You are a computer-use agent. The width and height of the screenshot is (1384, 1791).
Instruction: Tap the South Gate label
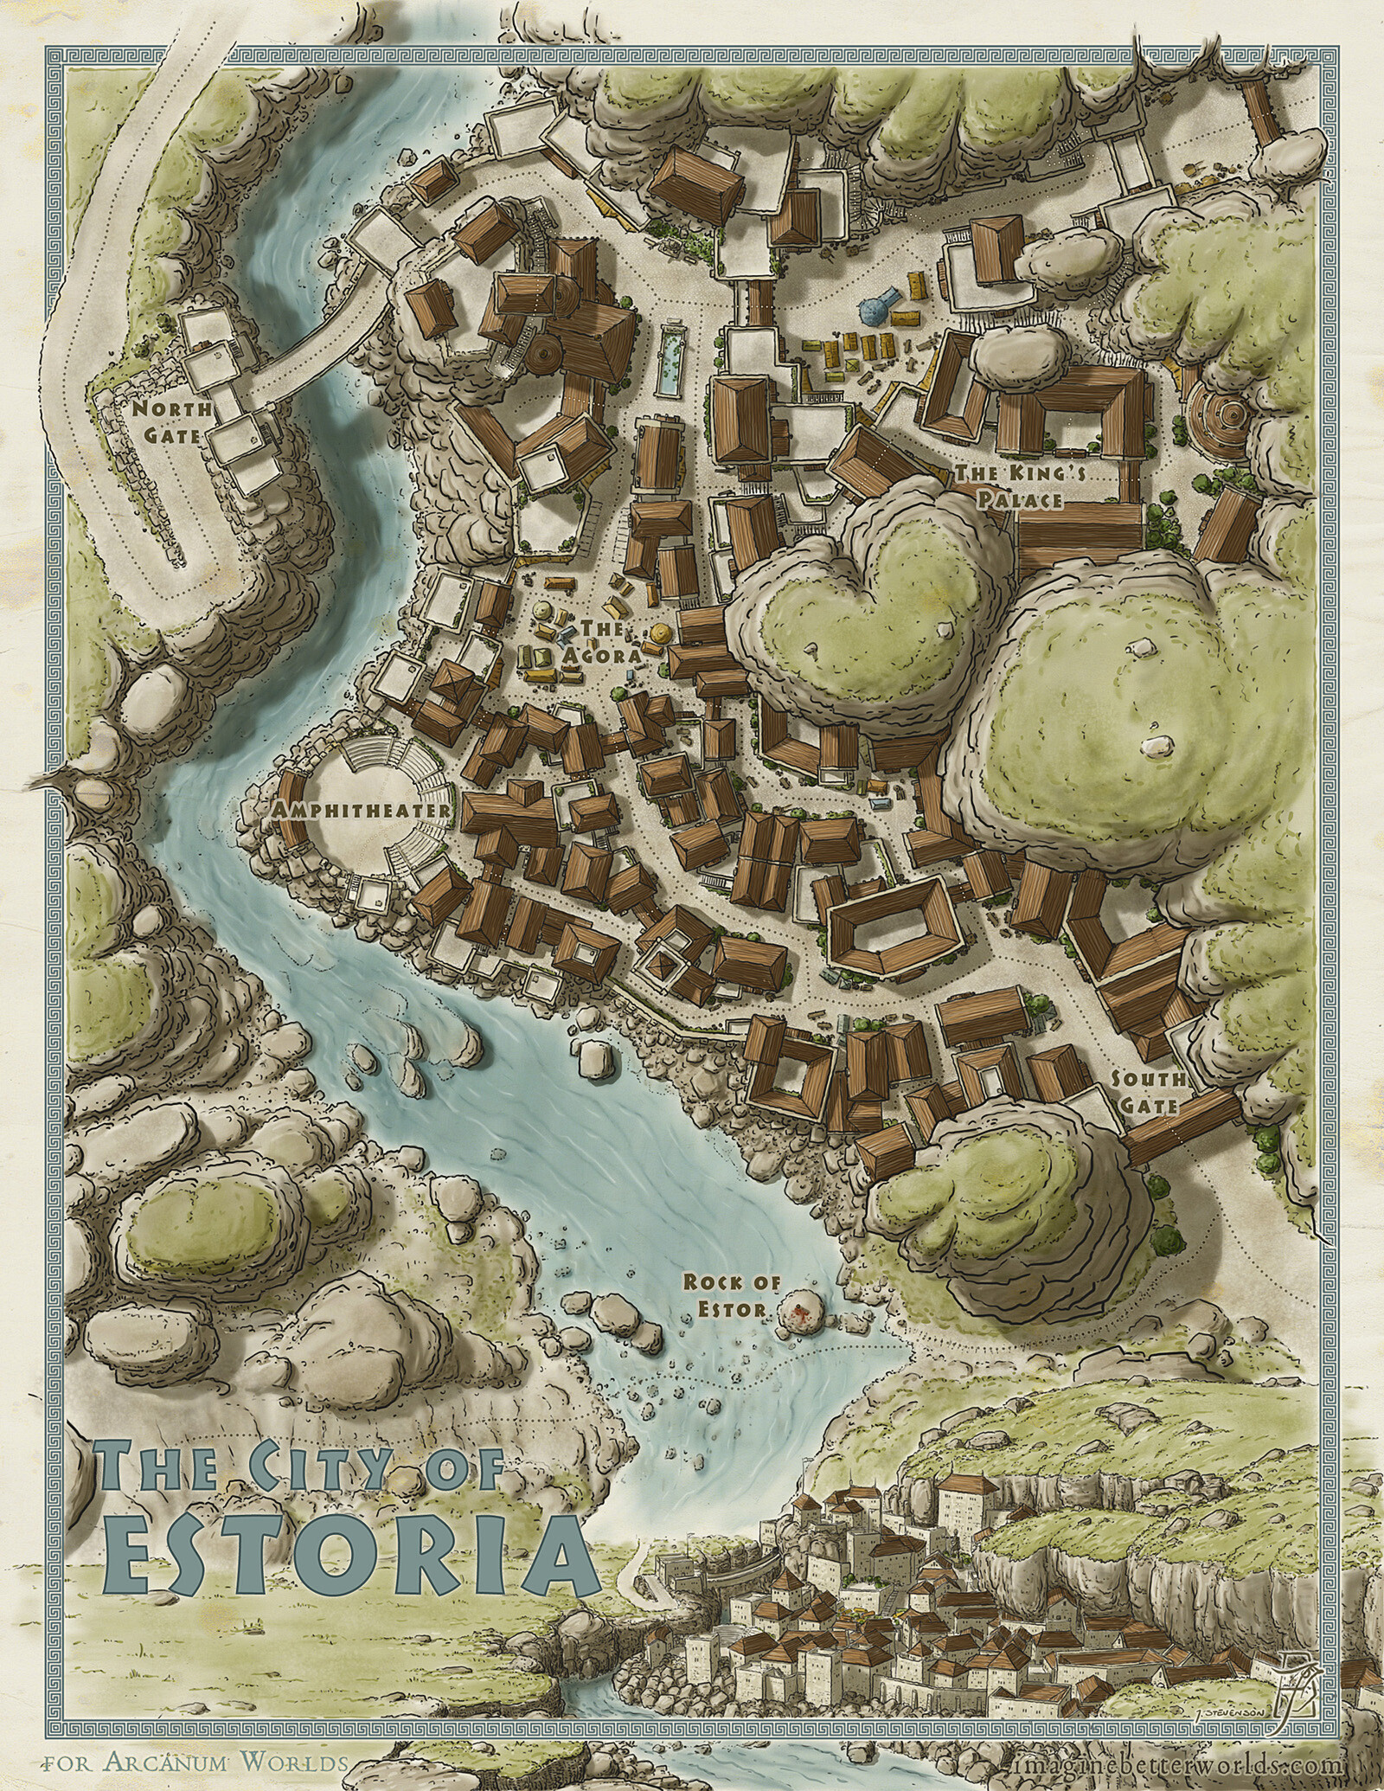pos(1146,1092)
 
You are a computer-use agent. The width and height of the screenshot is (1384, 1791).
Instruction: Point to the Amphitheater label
pos(361,810)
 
